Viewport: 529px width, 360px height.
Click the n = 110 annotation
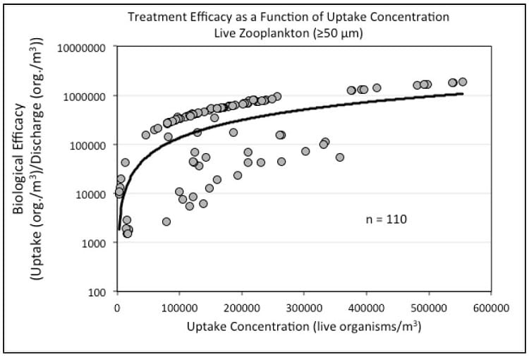coord(387,220)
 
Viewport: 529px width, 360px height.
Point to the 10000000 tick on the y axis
coord(81,47)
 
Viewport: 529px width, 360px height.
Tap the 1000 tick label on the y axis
coord(93,243)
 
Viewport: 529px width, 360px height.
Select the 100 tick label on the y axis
coord(97,292)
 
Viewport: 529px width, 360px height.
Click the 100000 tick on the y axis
coord(87,145)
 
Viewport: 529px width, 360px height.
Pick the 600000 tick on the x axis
coord(491,308)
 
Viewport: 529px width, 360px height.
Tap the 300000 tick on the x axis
coord(304,308)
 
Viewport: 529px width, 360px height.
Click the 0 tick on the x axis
coord(117,308)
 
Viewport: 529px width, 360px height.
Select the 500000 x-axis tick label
coord(429,308)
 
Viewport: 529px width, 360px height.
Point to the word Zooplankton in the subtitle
coord(280,33)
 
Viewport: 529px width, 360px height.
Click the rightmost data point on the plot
coord(463,82)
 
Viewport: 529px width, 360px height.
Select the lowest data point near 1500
coord(127,234)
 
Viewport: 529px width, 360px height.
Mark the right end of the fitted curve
coord(463,94)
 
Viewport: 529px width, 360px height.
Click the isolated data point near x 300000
coord(305,151)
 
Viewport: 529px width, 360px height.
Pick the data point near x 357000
coord(340,157)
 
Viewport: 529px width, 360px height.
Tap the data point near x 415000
coord(377,88)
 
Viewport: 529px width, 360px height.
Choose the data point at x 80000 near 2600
coord(166,222)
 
